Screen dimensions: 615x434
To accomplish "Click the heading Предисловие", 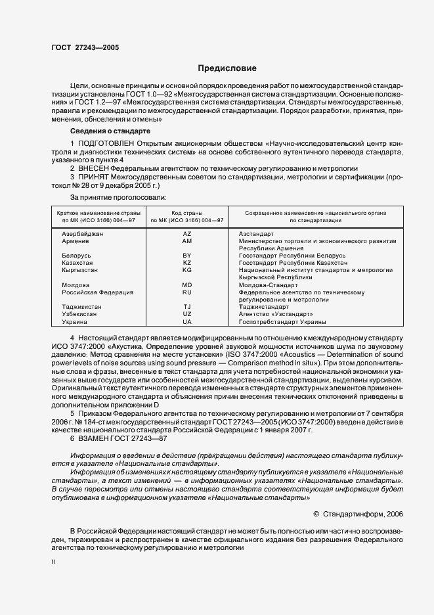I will point(227,68).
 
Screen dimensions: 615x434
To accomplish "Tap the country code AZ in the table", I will point(187,234).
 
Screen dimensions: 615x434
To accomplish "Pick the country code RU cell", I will point(187,292).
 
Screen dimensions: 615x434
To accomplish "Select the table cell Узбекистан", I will point(79,315).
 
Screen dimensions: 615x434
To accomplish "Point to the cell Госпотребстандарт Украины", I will point(282,322).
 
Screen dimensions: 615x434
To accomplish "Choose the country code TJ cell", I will point(187,307).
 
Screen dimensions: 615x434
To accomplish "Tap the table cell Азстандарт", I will point(256,234).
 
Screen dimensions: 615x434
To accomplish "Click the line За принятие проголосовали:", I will point(118,196).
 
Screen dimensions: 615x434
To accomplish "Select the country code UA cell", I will point(187,322).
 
